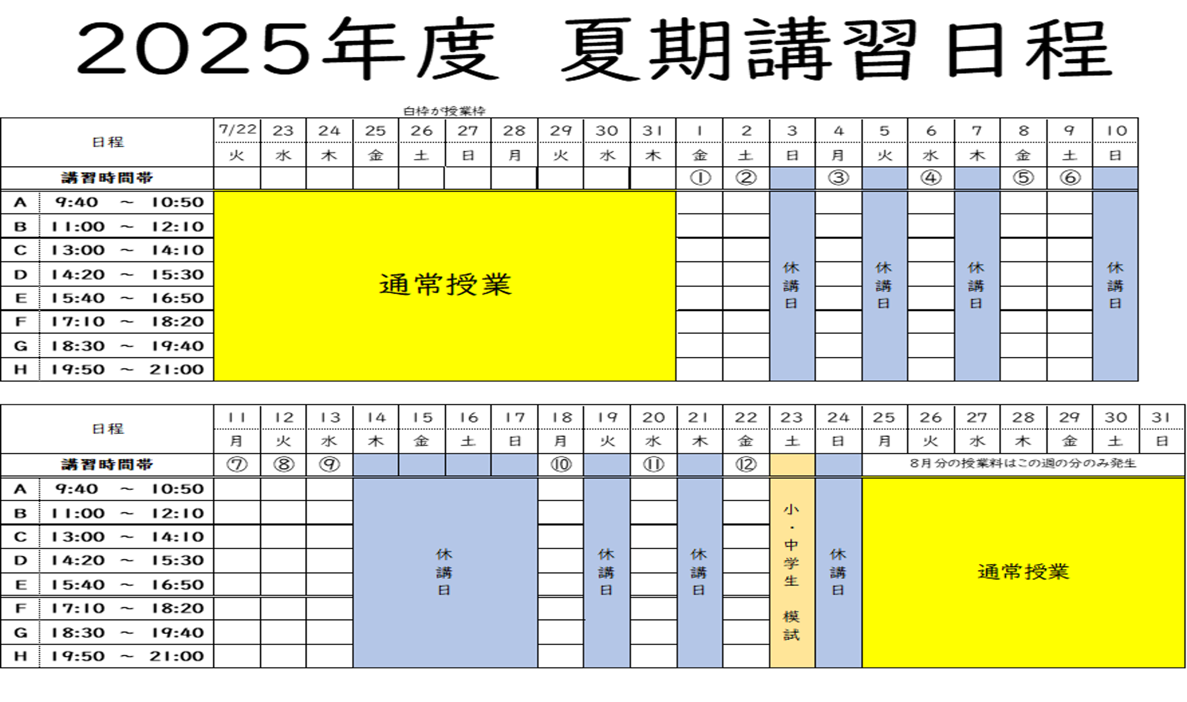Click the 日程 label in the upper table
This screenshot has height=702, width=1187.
[x=108, y=142]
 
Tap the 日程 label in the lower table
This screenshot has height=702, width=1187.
[x=108, y=429]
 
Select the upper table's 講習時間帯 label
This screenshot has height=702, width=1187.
[x=107, y=178]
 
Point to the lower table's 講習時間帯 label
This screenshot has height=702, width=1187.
[x=107, y=465]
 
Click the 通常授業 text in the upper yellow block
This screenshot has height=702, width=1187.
[x=445, y=285]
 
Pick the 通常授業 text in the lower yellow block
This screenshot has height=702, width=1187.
[x=1023, y=572]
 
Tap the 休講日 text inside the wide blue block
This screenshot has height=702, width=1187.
[x=445, y=572]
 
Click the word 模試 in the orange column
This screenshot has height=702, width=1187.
[x=791, y=625]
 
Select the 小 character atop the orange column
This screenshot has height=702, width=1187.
[x=791, y=509]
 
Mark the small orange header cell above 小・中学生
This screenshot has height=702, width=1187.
[x=792, y=465]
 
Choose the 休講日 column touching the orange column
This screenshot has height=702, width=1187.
[x=838, y=572]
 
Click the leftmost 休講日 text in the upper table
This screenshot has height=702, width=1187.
[x=791, y=286]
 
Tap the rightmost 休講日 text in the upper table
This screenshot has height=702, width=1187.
[x=1115, y=286]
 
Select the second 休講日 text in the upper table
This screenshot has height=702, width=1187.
[x=884, y=286]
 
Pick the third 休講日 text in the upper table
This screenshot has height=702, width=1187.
[x=976, y=286]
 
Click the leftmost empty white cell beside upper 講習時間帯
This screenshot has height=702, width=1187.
[x=237, y=178]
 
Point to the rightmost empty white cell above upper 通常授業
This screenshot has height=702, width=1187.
[x=653, y=178]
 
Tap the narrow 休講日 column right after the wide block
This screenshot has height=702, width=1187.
[x=606, y=572]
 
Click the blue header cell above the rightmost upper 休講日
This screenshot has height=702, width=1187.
[x=1115, y=178]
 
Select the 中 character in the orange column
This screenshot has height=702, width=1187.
[x=791, y=545]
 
